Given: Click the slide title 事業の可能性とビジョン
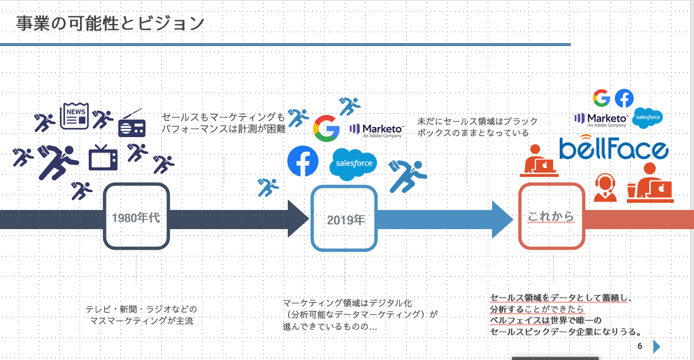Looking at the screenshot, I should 110,23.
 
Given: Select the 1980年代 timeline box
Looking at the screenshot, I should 136,218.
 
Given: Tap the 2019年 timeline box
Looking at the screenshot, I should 344,219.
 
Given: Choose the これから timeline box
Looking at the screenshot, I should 551,217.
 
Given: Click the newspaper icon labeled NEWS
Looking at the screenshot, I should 74,116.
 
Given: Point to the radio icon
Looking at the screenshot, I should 132,124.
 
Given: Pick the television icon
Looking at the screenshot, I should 103,158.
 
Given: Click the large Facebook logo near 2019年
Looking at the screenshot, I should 303,161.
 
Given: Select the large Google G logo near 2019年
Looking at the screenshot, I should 327,128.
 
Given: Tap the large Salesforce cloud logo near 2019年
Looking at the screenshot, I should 353,164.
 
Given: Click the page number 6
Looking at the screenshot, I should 640,346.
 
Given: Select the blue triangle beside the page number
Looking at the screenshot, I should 657,347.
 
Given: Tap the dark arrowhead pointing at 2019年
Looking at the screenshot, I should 298,219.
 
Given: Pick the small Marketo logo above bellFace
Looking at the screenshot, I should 601,119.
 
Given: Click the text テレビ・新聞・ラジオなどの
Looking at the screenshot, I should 141,309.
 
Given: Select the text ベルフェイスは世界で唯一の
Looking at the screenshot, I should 545,320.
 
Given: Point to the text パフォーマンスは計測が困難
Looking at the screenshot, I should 223,129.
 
